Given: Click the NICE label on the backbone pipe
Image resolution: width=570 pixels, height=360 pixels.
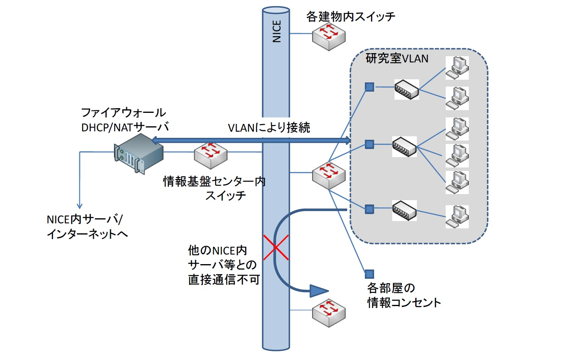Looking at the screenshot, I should click(276, 31).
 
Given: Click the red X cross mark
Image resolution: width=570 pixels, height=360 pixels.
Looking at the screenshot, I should click(276, 248).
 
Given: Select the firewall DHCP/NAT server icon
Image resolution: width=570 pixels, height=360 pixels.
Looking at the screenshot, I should click(139, 154).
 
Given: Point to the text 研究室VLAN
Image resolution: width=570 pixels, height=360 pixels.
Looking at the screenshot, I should click(397, 59).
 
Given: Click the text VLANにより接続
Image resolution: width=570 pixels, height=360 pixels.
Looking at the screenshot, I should click(269, 127).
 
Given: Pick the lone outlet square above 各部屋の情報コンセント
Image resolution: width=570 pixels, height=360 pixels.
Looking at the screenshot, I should click(369, 274).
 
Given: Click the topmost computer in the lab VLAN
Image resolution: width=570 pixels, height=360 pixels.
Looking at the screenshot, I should click(457, 68).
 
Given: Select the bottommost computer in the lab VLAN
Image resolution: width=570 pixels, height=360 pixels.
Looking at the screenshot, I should click(457, 216).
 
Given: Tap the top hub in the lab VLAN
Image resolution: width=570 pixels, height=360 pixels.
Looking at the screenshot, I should click(406, 90).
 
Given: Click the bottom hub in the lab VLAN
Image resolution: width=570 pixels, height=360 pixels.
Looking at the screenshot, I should click(404, 210).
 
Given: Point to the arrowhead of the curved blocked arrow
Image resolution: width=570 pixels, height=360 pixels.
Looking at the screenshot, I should click(319, 291).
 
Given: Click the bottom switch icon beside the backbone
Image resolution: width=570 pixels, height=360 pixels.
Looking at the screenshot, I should click(329, 313).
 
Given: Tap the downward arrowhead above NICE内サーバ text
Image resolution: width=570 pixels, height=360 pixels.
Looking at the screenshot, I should click(80, 206).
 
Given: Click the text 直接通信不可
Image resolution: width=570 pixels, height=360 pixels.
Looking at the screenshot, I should click(224, 280).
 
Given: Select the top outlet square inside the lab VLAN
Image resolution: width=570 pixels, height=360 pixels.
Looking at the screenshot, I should click(369, 87).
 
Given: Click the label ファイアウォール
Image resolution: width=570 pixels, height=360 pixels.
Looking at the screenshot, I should click(124, 112).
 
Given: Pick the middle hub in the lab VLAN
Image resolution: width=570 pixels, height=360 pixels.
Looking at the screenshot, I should click(404, 146).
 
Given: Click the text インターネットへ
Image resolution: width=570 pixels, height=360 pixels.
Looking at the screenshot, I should click(87, 234).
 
